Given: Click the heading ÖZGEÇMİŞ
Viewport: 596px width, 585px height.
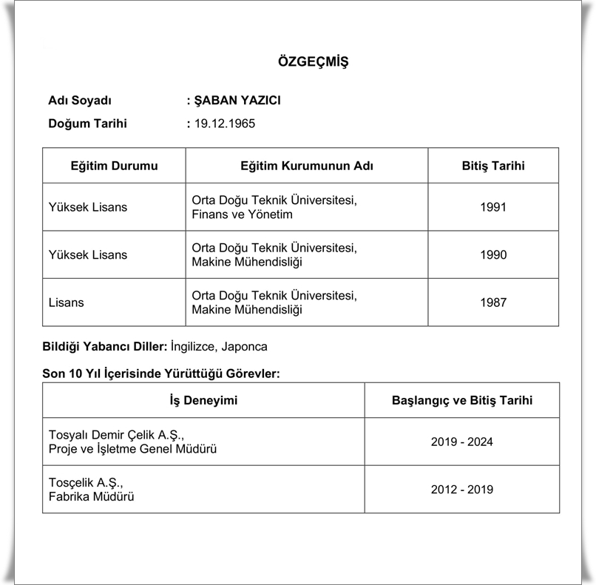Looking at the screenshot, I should click(x=313, y=61).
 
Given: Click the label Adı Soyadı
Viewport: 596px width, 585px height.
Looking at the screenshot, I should click(x=79, y=101).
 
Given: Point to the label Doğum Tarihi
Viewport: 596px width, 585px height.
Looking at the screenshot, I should click(x=87, y=124).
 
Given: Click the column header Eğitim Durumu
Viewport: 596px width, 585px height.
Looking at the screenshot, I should click(x=114, y=166).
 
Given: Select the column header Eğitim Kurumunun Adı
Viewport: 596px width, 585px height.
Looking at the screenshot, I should click(x=306, y=166).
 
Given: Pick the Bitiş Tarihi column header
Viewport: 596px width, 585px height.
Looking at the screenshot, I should click(x=492, y=166).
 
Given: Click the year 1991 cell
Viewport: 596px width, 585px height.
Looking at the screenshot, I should click(x=492, y=207).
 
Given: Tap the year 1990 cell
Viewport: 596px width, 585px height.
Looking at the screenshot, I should click(x=492, y=254).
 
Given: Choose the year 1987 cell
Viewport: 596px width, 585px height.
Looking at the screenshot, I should click(x=492, y=302).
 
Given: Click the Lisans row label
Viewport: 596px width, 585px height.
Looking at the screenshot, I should click(x=66, y=302).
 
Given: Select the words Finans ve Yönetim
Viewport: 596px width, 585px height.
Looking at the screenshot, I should click(x=242, y=214).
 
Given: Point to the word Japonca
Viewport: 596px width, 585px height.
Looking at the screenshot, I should click(x=246, y=346).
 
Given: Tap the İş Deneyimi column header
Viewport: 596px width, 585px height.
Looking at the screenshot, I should click(x=203, y=400).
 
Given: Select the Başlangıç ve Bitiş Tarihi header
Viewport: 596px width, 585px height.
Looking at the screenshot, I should click(x=461, y=400).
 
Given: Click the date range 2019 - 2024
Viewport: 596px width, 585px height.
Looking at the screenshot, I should click(x=461, y=442).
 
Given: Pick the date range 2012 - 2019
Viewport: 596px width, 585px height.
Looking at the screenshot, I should click(x=461, y=489).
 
